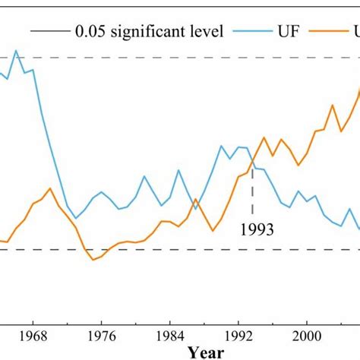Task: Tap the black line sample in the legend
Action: pyautogui.click(x=48, y=31)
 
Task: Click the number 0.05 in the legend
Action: pyautogui.click(x=90, y=31)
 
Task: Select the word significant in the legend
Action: pyautogui.click(x=149, y=31)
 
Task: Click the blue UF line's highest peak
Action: pyautogui.click(x=17, y=51)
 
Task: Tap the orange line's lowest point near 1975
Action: pyautogui.click(x=93, y=260)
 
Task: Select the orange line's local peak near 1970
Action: pyautogui.click(x=49, y=188)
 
